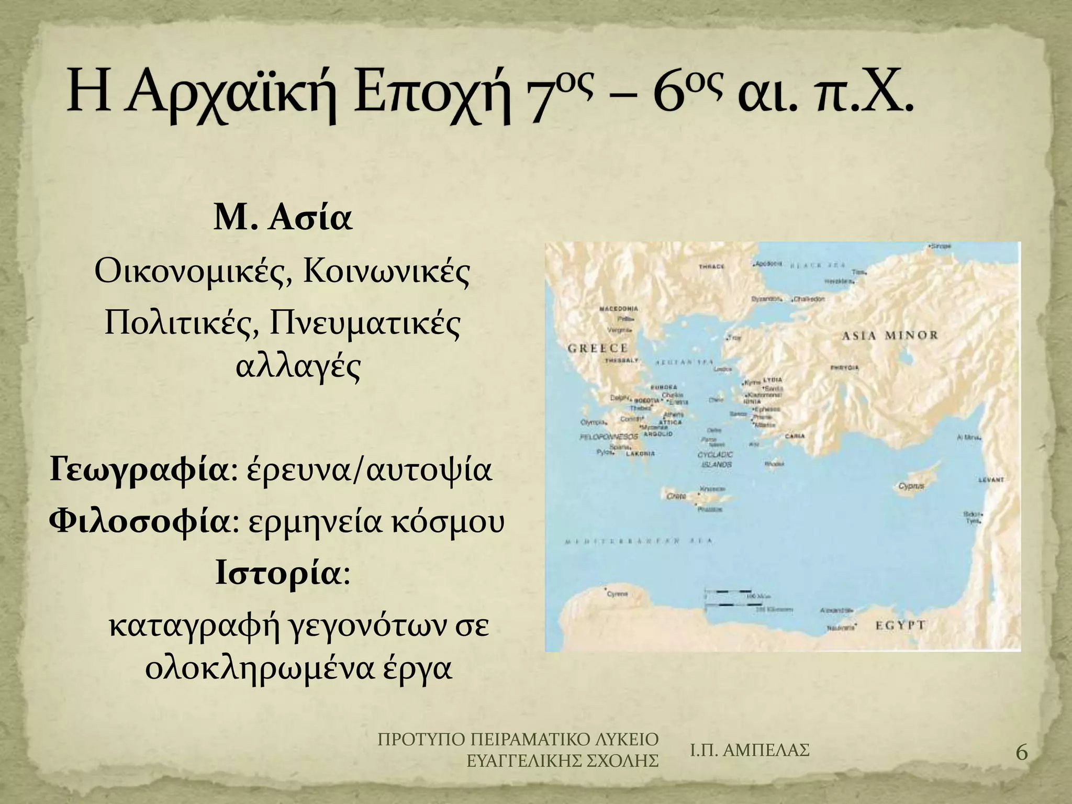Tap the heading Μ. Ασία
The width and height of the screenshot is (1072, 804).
tap(283, 220)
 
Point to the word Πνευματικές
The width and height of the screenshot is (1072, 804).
tap(365, 325)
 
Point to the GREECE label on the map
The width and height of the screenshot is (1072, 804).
tap(597, 349)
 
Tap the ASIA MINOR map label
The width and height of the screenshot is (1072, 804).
tap(889, 336)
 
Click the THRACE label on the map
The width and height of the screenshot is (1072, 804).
tap(712, 266)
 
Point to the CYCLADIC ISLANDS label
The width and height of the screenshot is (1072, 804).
tap(715, 460)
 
